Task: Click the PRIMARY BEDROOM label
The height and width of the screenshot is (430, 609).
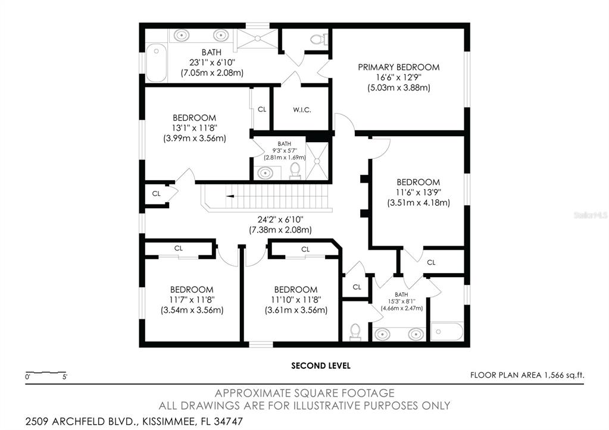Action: tap(398, 67)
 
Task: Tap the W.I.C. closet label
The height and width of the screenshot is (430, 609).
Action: tap(302, 110)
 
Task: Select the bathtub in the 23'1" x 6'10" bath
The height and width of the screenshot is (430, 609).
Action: tap(156, 63)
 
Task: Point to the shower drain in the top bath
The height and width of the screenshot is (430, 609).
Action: tap(257, 38)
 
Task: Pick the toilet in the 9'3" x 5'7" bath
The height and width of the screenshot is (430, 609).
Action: tap(295, 171)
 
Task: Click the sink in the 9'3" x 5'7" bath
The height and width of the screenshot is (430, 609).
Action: tap(266, 172)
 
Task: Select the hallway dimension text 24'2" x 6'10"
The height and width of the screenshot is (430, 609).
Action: tap(280, 219)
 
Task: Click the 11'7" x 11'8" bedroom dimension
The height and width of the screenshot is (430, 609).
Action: tap(192, 300)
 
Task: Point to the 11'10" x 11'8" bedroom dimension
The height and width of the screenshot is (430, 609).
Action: tap(296, 300)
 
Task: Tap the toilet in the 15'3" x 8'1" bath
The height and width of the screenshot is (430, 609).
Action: tap(355, 332)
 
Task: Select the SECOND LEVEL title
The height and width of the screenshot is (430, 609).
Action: tap(321, 366)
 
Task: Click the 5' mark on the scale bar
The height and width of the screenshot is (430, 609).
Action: tap(65, 376)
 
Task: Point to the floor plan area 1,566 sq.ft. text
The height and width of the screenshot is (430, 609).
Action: tap(527, 375)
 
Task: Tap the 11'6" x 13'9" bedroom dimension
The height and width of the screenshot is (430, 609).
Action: tap(419, 192)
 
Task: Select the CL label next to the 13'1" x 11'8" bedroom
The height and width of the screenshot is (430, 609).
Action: tap(262, 109)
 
